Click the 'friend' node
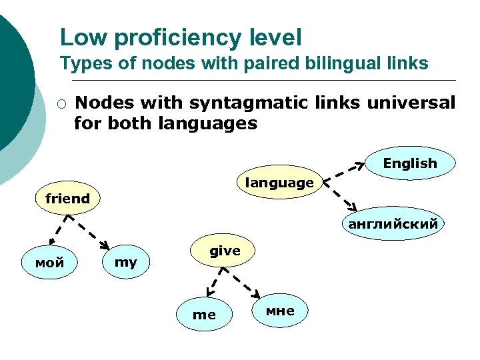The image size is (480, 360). pyautogui.click(x=67, y=199)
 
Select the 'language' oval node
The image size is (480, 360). pyautogui.click(x=279, y=182)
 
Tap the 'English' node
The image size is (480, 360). pyautogui.click(x=409, y=163)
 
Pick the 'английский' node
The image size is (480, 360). pyautogui.click(x=393, y=224)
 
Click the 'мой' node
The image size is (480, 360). pyautogui.click(x=50, y=263)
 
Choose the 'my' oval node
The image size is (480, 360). pyautogui.click(x=125, y=263)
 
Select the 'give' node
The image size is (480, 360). pyautogui.click(x=225, y=251)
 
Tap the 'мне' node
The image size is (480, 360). pyautogui.click(x=280, y=311)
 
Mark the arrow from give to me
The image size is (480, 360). pyautogui.click(x=213, y=282)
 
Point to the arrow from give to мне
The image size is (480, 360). pyautogui.click(x=248, y=283)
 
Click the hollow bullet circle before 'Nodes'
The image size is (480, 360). pyautogui.click(x=61, y=104)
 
